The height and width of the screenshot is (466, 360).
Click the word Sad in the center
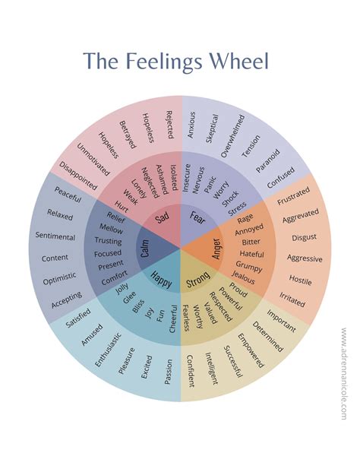click(x=163, y=219)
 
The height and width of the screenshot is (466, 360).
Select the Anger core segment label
click(x=216, y=249)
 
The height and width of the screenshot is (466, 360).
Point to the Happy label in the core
click(x=161, y=277)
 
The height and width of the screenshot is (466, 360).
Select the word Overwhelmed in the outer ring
click(x=232, y=136)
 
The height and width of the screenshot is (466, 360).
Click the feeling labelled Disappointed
click(x=78, y=175)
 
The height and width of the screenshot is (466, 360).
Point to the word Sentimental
click(x=55, y=236)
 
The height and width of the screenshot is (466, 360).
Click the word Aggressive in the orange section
click(x=305, y=258)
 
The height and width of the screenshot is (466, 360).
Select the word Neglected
click(x=148, y=182)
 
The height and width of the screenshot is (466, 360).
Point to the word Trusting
click(x=109, y=241)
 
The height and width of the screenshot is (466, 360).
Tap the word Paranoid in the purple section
click(x=267, y=162)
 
